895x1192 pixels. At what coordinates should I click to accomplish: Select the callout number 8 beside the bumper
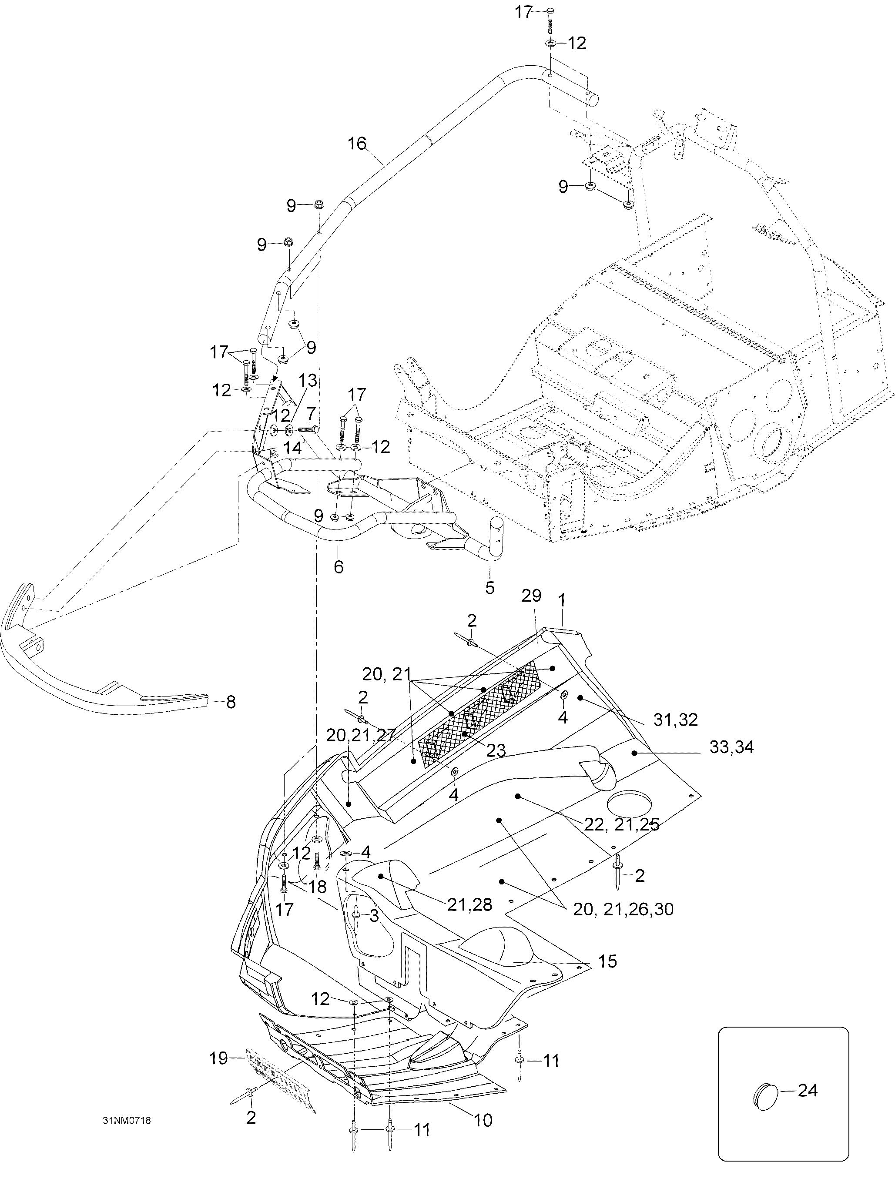pos(231,702)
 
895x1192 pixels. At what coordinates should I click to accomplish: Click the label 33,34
pos(731,747)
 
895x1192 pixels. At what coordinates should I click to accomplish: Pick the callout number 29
pos(531,596)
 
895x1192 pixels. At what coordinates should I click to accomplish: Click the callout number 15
pos(607,961)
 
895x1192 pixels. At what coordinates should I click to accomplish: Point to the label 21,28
pos(469,905)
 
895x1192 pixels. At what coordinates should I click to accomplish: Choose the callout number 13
pos(308,381)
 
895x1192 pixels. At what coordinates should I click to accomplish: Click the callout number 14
pos(294,448)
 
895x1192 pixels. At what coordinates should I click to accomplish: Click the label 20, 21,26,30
pos(623,909)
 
